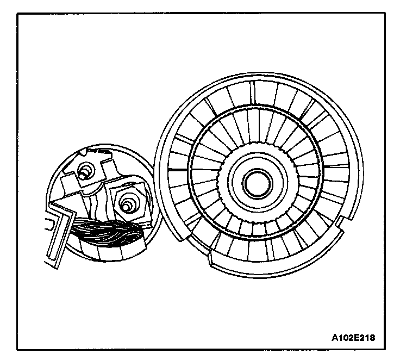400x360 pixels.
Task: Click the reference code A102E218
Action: [x=354, y=337]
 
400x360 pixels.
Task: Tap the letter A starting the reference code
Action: [x=335, y=337]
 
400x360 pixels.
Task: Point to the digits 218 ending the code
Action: [x=368, y=337]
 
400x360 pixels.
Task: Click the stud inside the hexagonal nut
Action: [x=127, y=206]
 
